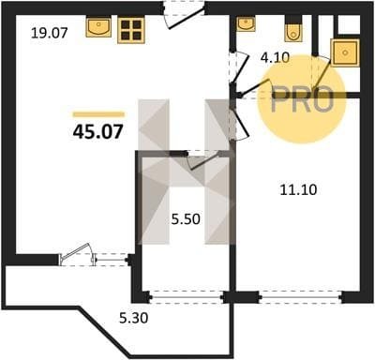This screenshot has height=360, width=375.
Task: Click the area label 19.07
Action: click(50, 33)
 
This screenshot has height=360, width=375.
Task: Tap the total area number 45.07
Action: click(98, 131)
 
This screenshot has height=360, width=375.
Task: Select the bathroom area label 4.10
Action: click(276, 58)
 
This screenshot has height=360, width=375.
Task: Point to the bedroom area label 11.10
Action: click(298, 189)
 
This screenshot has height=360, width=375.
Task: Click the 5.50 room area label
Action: click(186, 219)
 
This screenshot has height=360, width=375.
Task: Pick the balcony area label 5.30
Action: click(134, 319)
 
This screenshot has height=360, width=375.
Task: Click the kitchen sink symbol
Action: click(98, 27)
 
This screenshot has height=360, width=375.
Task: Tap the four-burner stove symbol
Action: click(131, 30)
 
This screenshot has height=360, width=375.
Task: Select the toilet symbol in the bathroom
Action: click(293, 29)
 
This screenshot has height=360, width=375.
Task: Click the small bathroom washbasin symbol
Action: click(247, 24)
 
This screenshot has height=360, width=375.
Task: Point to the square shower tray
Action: click(345, 52)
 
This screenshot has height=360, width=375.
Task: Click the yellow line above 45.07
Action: click(98, 114)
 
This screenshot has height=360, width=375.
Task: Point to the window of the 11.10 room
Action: click(301, 297)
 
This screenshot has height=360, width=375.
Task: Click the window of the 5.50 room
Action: click(187, 297)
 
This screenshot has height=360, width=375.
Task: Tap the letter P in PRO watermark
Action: click(282, 98)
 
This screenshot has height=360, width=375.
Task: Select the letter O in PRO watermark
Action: click(322, 98)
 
